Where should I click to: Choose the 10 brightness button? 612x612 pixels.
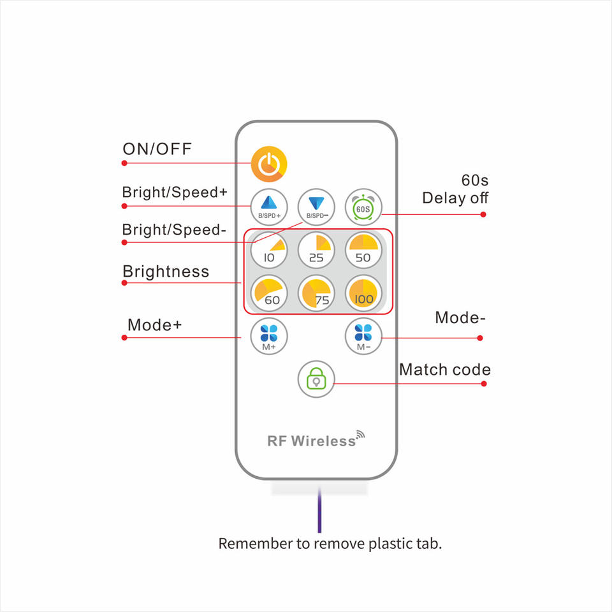[x=269, y=249]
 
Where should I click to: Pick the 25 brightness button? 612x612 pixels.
[x=316, y=249]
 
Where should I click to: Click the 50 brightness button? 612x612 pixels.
[x=363, y=249]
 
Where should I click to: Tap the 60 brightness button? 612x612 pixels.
[x=269, y=293]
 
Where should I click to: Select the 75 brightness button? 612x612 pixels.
[x=316, y=293]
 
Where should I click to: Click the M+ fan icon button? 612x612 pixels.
[x=269, y=335]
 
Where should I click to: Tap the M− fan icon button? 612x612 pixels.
[x=363, y=335]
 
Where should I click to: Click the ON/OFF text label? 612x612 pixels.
[x=157, y=149]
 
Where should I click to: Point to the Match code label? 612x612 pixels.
[x=445, y=370]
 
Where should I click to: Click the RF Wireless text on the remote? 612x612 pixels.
[x=312, y=441]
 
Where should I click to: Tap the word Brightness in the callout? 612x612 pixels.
[x=166, y=272]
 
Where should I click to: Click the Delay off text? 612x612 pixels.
[x=455, y=198]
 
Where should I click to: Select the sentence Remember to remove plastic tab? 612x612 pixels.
[x=330, y=544]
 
